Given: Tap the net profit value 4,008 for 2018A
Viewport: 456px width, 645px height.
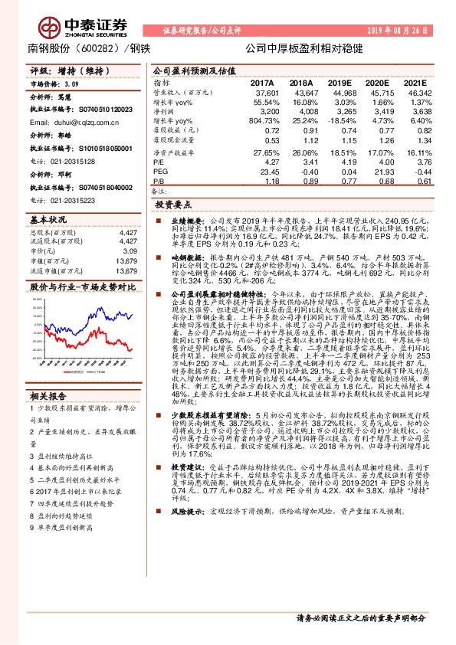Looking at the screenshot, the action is (301, 111).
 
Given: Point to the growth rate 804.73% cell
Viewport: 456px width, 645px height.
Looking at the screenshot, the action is (262, 121).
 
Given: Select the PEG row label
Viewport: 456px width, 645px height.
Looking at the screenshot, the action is (159, 172).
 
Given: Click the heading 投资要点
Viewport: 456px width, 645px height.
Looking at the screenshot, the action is (172, 206).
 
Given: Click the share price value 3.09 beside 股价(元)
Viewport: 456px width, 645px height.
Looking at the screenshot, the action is (130, 250).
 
